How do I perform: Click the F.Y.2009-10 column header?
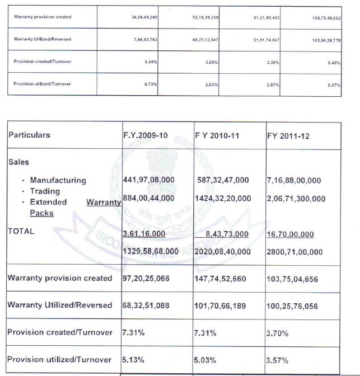coord(145,135)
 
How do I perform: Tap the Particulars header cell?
coord(29,135)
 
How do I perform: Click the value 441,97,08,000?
coord(148,180)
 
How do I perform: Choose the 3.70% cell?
coord(278,333)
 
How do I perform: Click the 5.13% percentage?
coord(133,359)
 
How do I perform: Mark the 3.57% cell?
coord(278,360)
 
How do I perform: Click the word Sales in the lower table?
coord(18,161)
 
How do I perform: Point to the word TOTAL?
coord(21,231)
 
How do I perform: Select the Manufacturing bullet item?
coord(58,180)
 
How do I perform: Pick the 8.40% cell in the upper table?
coord(334,63)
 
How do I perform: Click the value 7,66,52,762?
coord(143,40)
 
